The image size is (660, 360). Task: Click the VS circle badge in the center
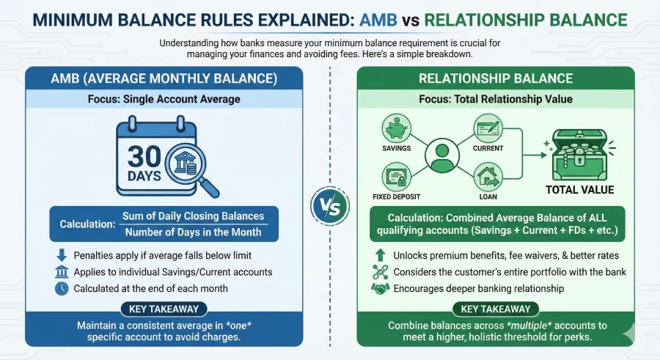(x=330, y=205)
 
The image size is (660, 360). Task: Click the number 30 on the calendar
(x=145, y=157)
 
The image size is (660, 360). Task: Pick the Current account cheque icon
(x=488, y=129)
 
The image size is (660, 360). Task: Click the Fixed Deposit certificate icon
(x=395, y=177)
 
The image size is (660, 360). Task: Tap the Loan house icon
(x=488, y=177)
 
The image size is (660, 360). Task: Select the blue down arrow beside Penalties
(x=61, y=256)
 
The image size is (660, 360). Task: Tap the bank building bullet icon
(x=61, y=272)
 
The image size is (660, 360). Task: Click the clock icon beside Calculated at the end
(x=61, y=288)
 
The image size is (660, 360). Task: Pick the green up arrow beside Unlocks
(x=379, y=256)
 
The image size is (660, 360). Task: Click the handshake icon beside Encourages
(x=379, y=288)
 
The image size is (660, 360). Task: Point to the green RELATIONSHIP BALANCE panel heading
(x=490, y=78)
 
